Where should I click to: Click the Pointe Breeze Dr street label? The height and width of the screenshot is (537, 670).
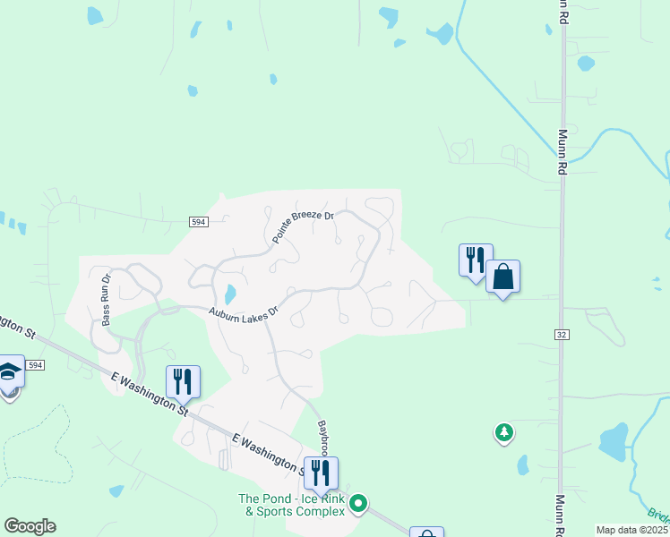click(x=303, y=228)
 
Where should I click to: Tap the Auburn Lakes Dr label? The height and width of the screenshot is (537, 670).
click(x=245, y=315)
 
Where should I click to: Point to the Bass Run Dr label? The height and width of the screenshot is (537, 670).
click(x=106, y=299)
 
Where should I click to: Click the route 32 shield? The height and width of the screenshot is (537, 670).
click(x=562, y=334)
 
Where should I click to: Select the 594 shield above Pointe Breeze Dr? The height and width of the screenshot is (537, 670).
click(x=199, y=222)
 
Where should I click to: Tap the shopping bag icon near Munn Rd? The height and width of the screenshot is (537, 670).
click(x=502, y=277)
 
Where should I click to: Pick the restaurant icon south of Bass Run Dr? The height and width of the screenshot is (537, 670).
click(x=183, y=381)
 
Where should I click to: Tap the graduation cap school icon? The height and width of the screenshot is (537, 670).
click(x=9, y=371)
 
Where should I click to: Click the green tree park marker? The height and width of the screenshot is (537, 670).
click(x=504, y=433)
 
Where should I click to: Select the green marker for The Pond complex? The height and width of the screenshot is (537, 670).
click(x=358, y=505)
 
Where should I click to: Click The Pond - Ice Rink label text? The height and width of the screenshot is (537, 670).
click(x=291, y=505)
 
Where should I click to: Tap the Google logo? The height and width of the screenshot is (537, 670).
click(x=30, y=526)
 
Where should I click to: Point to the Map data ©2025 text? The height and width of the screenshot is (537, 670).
click(x=631, y=530)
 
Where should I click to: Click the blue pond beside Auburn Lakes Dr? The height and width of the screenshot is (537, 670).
click(x=230, y=294)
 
